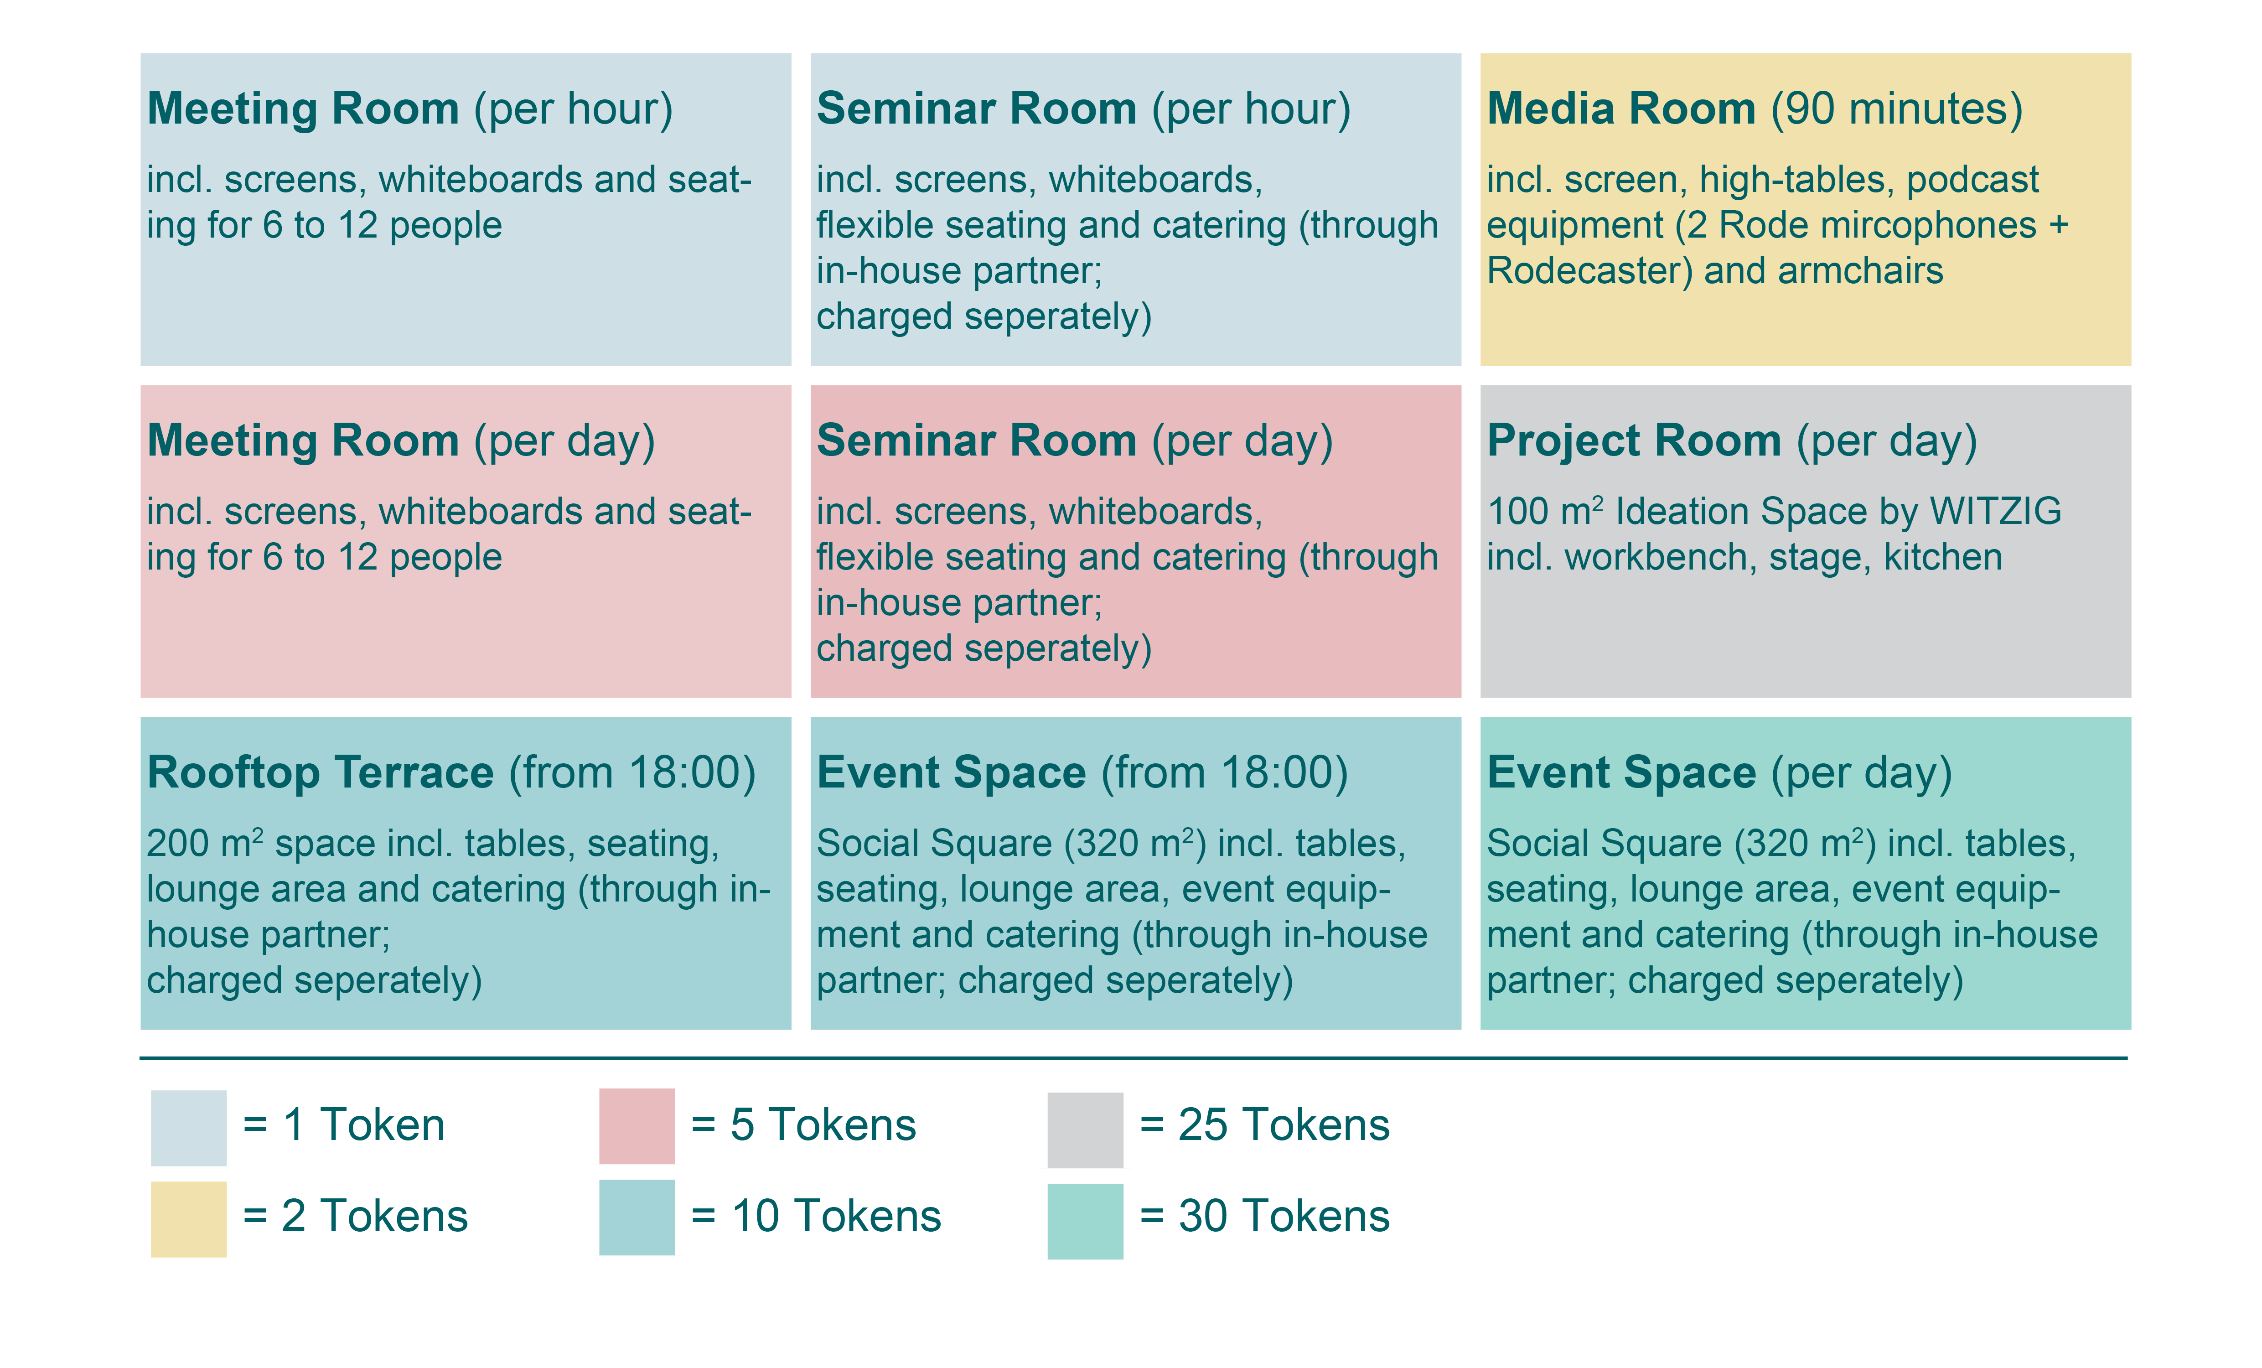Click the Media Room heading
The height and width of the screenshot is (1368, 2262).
pyautogui.click(x=1755, y=109)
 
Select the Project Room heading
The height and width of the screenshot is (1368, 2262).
pyautogui.click(x=1731, y=441)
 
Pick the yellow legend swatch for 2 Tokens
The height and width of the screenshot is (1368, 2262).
pyautogui.click(x=188, y=1219)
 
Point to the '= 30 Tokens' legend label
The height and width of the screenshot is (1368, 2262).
pyautogui.click(x=1264, y=1217)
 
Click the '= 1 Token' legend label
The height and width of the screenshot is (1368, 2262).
pyautogui.click(x=343, y=1125)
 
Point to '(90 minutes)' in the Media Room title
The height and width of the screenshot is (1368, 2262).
pyautogui.click(x=1897, y=109)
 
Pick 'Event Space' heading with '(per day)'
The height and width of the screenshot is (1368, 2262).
pyautogui.click(x=1719, y=773)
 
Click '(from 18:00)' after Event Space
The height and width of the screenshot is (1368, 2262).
pyautogui.click(x=1225, y=773)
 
